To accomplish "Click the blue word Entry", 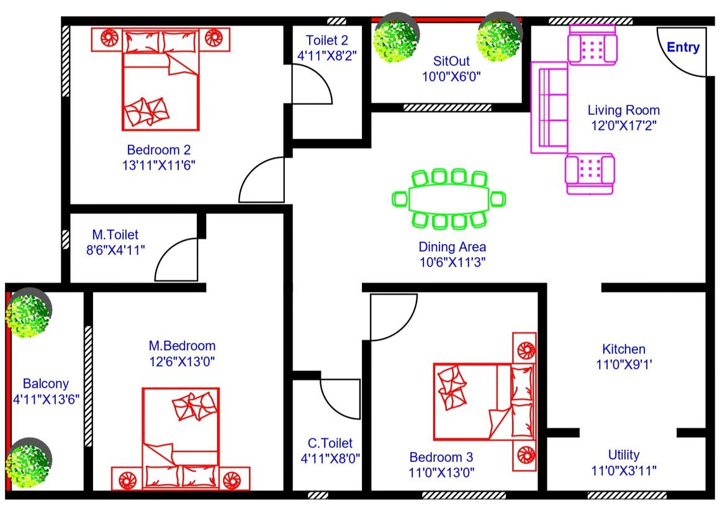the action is (x=683, y=47).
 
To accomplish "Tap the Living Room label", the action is (x=624, y=110).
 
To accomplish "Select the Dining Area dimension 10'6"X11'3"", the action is (x=452, y=262).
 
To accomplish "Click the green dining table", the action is (x=449, y=199).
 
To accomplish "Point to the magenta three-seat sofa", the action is (x=549, y=107).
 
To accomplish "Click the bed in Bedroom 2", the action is (x=160, y=79).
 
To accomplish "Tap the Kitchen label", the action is (x=624, y=349).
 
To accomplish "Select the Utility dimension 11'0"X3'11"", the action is (x=624, y=470).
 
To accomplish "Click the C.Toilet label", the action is (x=330, y=443).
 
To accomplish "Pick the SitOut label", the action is (x=451, y=61).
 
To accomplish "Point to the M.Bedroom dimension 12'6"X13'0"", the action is (x=182, y=362).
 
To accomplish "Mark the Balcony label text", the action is (x=46, y=383).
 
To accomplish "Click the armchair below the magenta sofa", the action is (x=590, y=174).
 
